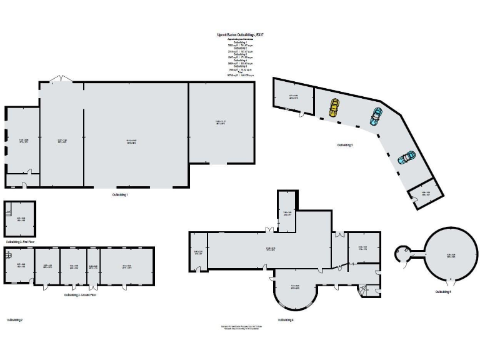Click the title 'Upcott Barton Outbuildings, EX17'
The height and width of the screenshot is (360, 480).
[240, 36]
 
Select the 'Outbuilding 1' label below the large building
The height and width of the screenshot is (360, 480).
[119, 195]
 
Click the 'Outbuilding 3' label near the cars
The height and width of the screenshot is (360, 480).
[345, 145]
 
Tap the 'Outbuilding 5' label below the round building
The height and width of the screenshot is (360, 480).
[443, 291]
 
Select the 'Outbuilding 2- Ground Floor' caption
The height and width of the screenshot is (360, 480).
[79, 294]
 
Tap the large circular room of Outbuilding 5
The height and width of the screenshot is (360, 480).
[451, 255]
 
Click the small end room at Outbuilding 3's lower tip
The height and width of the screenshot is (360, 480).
[425, 194]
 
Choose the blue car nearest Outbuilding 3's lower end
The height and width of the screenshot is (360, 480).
[406, 157]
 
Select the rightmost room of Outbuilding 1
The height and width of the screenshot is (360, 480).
[221, 122]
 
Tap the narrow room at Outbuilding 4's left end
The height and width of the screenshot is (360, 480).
[197, 252]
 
